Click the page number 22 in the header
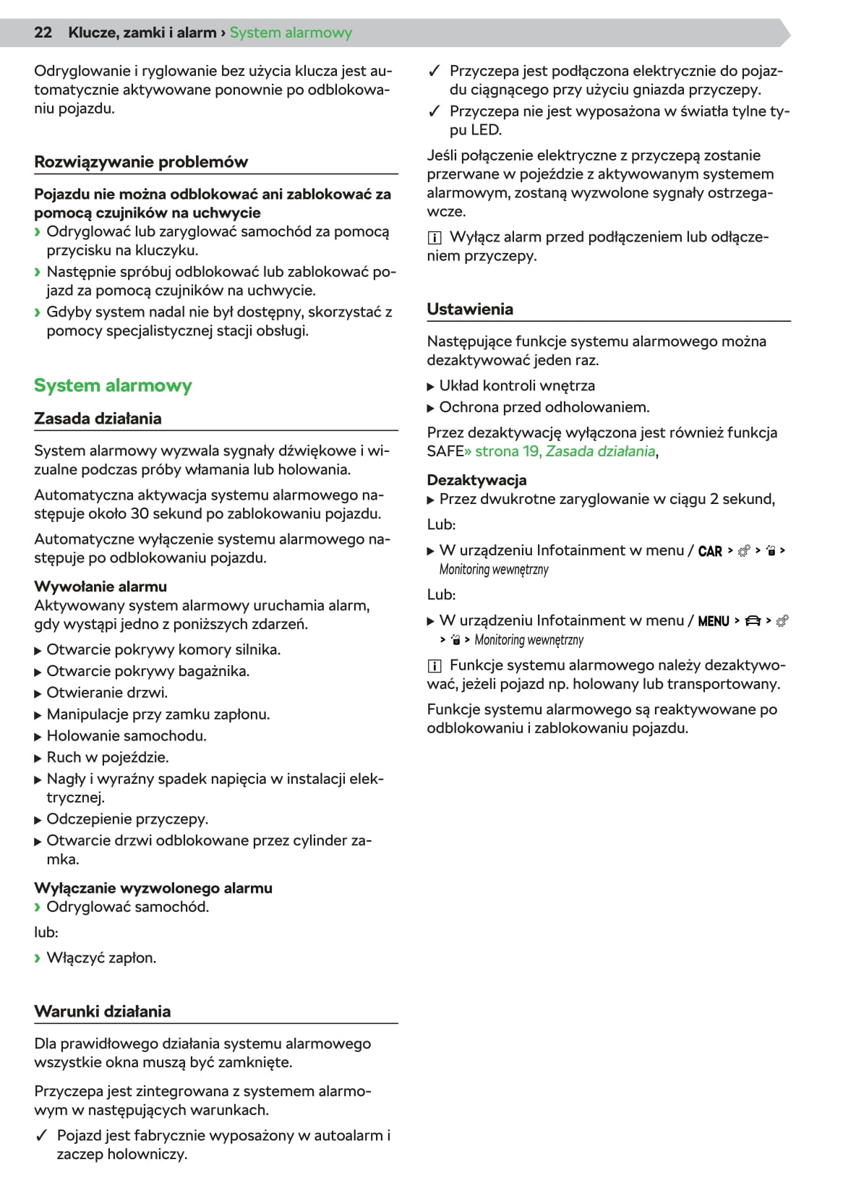[x=43, y=33]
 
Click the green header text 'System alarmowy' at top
[x=291, y=33]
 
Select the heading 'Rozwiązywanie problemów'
[x=141, y=162]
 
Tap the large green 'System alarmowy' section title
[x=113, y=385]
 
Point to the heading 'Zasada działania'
[x=98, y=419]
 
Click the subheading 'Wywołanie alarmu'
[x=100, y=586]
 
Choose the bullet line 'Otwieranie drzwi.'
[x=107, y=693]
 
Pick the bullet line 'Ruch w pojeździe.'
[x=108, y=757]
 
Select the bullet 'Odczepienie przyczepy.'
[x=127, y=819]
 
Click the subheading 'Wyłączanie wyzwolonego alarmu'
[x=153, y=888]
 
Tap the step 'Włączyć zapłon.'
[x=101, y=957]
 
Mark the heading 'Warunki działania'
[x=103, y=1012]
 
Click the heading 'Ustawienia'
[x=470, y=309]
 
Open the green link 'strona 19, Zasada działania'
[x=565, y=451]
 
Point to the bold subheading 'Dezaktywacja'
[x=476, y=480]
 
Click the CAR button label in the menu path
[x=710, y=551]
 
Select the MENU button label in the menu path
[x=714, y=621]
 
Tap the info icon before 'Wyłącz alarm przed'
[x=435, y=238]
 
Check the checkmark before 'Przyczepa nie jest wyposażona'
[x=434, y=111]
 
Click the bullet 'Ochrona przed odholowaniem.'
[x=544, y=407]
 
